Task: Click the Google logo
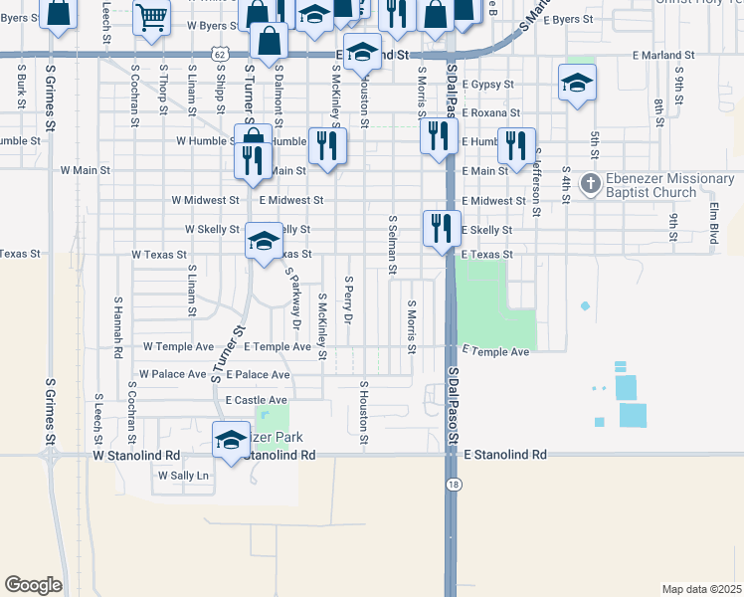pos(33,585)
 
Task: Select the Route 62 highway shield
pos(220,51)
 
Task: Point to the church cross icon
pos(590,183)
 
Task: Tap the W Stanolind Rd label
pos(136,455)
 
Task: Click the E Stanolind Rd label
pos(505,454)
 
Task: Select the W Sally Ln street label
pos(186,476)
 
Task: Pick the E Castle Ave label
pos(256,400)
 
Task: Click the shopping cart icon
pos(151,15)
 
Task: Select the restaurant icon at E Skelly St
pos(440,228)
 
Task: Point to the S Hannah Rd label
pos(117,325)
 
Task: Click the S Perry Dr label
pos(348,300)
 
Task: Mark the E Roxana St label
pos(490,113)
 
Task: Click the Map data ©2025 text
pos(702,589)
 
